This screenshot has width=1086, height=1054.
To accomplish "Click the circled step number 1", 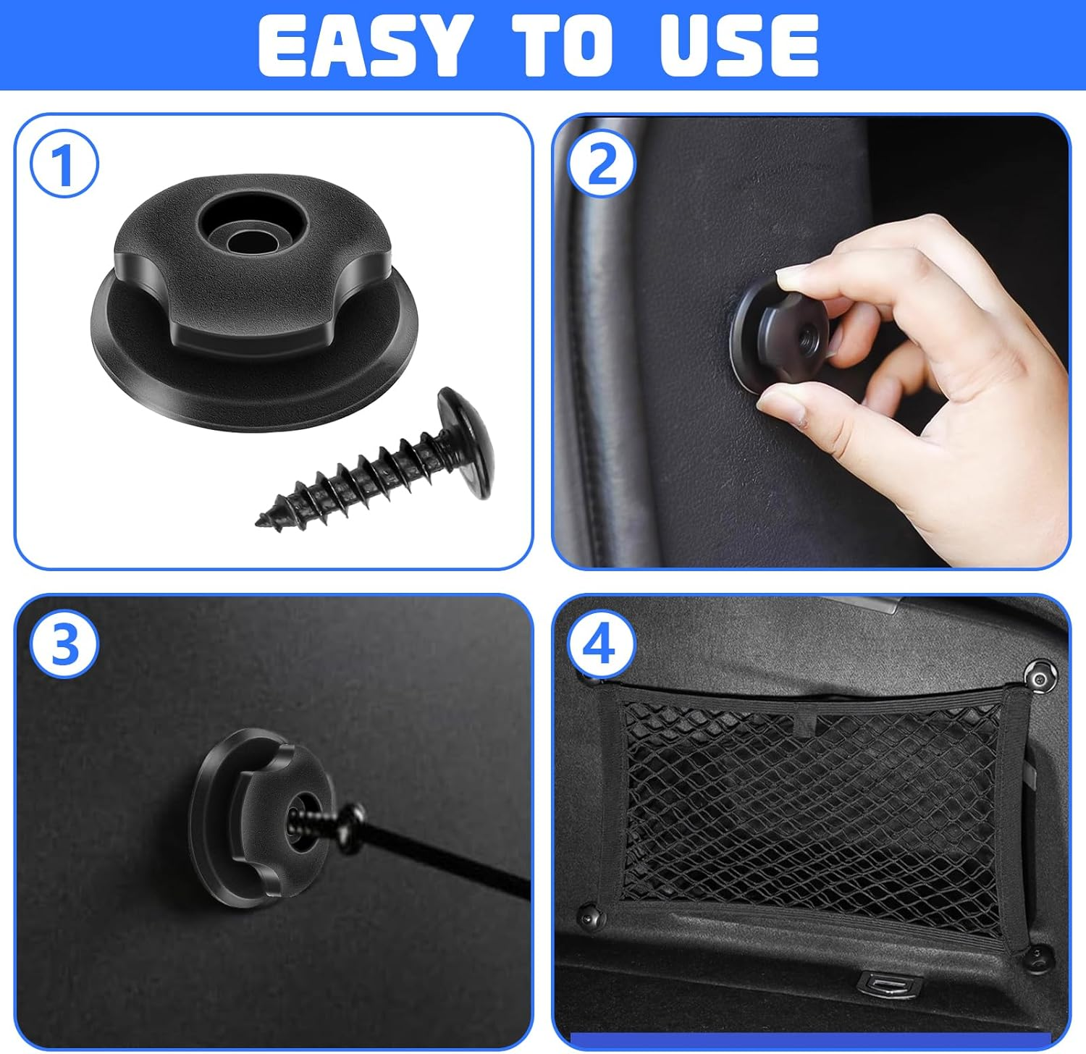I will [x=64, y=165].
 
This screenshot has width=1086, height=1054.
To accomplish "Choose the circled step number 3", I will [x=64, y=644].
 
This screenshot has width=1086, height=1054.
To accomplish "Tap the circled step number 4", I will [x=601, y=644].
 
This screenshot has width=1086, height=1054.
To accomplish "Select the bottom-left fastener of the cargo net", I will [x=589, y=918].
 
